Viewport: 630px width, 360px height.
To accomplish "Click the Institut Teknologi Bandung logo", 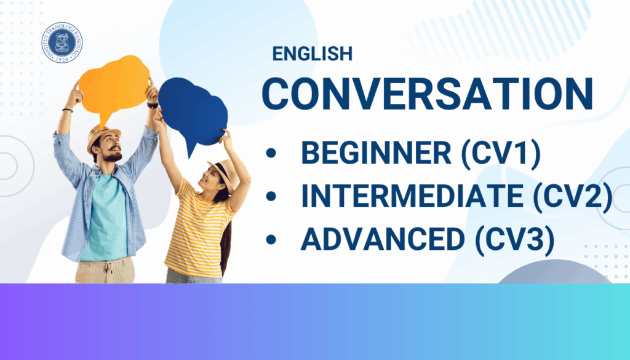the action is [x=62, y=42].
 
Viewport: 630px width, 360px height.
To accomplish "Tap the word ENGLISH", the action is [x=312, y=54].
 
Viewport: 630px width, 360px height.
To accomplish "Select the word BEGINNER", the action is [x=376, y=153].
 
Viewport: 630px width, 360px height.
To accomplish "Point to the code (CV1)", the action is [x=501, y=153].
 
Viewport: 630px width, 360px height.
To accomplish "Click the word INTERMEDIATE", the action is [x=412, y=196].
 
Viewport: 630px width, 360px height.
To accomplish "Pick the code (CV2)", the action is [x=573, y=196].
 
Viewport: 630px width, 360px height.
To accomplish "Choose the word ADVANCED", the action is [x=383, y=239].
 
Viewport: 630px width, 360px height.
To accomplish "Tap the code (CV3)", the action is [x=515, y=240].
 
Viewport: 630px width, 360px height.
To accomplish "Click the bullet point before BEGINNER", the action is [x=271, y=153].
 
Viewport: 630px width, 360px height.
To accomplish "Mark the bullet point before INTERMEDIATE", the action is [x=271, y=196].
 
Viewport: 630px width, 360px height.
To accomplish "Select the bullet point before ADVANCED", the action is [x=271, y=240].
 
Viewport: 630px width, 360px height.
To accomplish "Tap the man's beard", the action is [x=112, y=156].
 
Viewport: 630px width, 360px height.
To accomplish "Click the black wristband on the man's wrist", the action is [x=68, y=110].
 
